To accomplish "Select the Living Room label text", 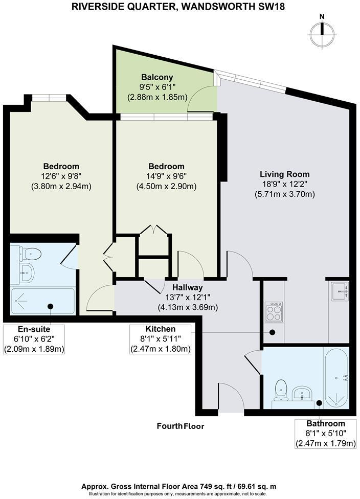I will tap(284, 174).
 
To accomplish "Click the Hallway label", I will tap(187, 288).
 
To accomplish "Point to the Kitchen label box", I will tap(160, 339).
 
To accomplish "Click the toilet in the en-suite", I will tap(32, 252).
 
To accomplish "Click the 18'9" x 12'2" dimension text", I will tap(284, 184).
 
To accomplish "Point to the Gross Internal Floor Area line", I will tap(180, 486).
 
